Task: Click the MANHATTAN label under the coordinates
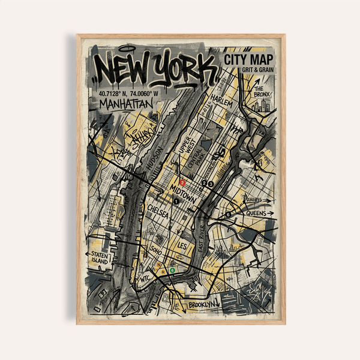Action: [127, 104]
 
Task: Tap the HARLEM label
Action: [221, 103]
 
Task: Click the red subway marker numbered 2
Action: [183, 182]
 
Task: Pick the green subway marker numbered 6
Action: [173, 271]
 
